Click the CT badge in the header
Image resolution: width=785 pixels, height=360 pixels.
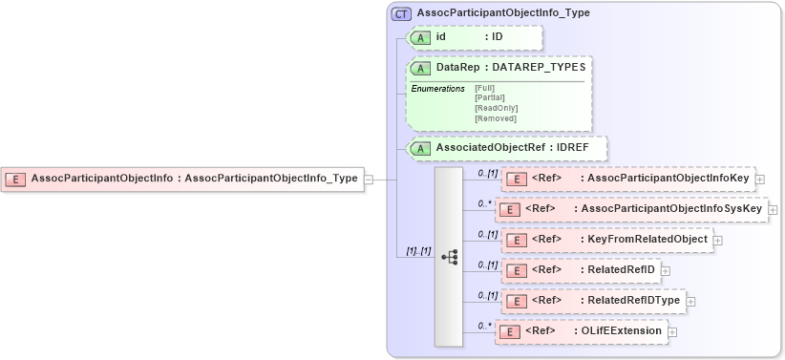coord(401,13)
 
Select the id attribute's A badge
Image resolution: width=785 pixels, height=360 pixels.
coord(421,37)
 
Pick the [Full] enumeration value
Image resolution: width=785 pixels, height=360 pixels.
coord(485,88)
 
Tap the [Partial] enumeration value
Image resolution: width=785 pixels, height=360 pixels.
coord(489,97)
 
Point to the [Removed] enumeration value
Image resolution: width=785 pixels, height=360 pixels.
coord(495,118)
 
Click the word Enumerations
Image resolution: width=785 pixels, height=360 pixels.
coord(437,89)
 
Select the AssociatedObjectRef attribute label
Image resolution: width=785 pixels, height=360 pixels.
coord(490,148)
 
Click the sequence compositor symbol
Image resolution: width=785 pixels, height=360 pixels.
coord(450,257)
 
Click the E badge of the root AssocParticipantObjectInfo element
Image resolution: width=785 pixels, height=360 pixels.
coord(16,179)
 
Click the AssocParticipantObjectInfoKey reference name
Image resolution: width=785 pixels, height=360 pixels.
coord(668,179)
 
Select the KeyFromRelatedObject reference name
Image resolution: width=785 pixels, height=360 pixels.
coord(648,239)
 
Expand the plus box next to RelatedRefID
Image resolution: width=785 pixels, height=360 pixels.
coord(666,270)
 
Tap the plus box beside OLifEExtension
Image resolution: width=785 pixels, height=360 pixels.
coord(672,331)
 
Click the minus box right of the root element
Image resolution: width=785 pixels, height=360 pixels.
coord(369,179)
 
